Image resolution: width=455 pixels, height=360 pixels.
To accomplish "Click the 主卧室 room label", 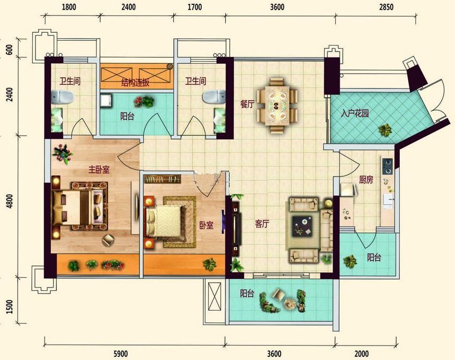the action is [99, 170].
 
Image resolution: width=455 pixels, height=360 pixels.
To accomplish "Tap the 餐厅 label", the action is [247, 104].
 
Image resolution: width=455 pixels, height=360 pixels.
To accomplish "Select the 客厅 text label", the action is [262, 224].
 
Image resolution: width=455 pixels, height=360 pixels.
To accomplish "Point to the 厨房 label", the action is [366, 180].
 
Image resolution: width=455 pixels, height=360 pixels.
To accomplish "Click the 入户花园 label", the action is [355, 113].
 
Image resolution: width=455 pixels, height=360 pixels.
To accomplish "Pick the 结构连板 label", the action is [135, 83].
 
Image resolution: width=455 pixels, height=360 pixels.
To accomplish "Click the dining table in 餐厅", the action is [277, 105].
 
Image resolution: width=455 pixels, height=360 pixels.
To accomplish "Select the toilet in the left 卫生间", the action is [62, 97].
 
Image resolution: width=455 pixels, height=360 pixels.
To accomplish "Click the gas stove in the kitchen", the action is [387, 166].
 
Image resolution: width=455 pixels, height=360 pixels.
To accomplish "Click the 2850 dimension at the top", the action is [386, 7].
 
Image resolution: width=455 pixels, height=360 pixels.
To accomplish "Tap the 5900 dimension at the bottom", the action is [120, 354].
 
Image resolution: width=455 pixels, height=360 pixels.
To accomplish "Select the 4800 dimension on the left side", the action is [10, 201].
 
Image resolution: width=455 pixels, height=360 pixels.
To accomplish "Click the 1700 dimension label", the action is [194, 7].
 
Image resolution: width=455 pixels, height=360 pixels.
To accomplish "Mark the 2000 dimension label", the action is [362, 354].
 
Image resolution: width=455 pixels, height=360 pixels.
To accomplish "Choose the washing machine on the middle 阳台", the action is [106, 101].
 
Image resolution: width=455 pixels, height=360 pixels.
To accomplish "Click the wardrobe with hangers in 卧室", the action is [162, 179].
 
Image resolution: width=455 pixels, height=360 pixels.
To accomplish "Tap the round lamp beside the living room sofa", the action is [328, 203].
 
